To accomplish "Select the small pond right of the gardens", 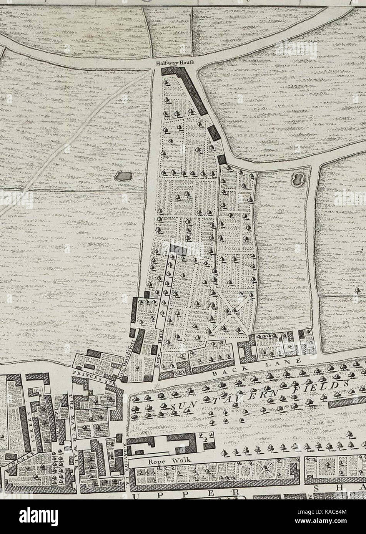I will pos(298,178).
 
